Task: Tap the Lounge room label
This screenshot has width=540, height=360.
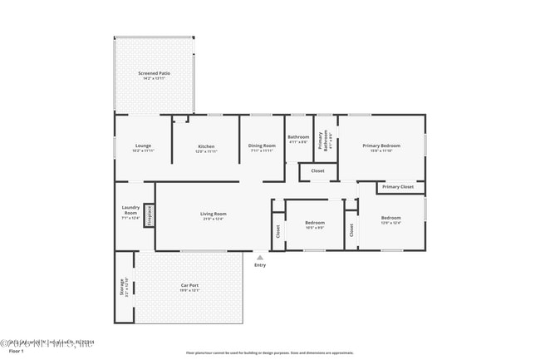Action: [143, 148]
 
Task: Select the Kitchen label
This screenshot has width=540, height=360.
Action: [205, 148]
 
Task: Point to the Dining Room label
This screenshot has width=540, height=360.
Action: [261, 148]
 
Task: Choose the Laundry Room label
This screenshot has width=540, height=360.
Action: [130, 212]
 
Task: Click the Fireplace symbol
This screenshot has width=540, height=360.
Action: [150, 215]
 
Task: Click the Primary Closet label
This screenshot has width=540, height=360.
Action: [397, 187]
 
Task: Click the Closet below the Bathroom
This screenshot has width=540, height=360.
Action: [317, 171]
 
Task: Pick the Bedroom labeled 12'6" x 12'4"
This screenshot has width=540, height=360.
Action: [390, 220]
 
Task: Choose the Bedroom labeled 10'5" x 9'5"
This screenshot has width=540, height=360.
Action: [314, 224]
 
